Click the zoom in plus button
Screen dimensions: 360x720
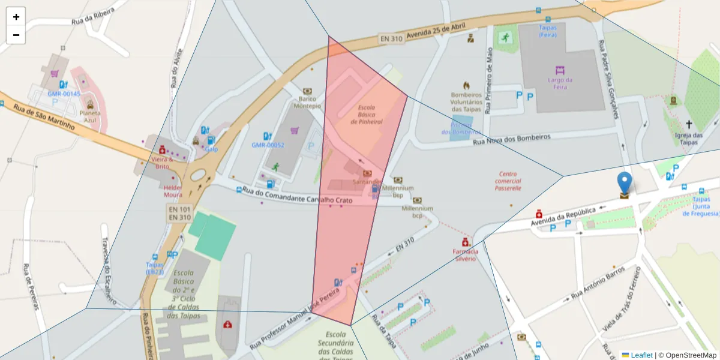(x=16, y=17)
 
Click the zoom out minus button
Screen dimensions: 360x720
(x=16, y=35)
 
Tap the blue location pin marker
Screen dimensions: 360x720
(x=625, y=184)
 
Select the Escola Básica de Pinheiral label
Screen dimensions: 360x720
(x=367, y=115)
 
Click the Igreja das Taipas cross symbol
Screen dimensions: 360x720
(x=689, y=125)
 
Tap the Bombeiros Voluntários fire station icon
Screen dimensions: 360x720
(x=466, y=85)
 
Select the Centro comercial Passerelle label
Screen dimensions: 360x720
(x=508, y=181)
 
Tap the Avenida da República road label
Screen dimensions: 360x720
(x=562, y=216)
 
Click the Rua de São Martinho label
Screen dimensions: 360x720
(x=43, y=117)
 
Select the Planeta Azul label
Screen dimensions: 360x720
(x=90, y=116)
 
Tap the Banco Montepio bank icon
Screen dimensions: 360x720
(x=308, y=90)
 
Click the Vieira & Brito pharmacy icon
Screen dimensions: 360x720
(x=162, y=149)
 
